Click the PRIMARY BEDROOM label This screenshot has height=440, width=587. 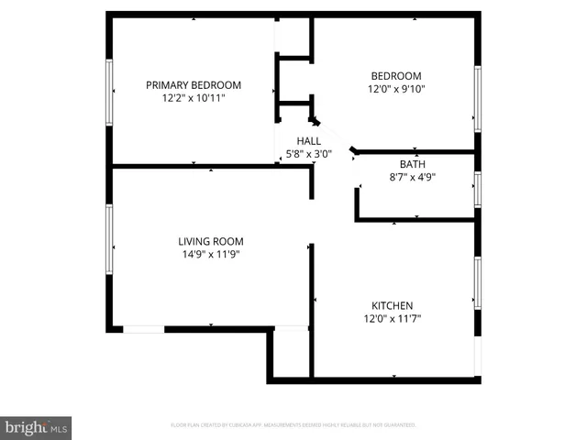point(193,84)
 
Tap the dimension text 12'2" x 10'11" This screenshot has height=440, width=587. point(193,97)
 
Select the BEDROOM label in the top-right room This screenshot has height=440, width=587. point(395,76)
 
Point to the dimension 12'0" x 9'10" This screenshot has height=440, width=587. point(395,89)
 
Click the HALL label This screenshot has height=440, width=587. point(308,140)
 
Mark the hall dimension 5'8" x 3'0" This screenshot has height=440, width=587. point(308,154)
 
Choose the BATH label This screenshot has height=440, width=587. point(412,165)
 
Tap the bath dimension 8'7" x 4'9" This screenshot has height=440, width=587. point(412,178)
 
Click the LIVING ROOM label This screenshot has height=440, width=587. point(210,241)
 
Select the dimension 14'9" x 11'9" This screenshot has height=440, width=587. point(210,255)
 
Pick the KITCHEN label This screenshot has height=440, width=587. point(392,305)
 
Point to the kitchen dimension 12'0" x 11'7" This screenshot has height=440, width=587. point(392,319)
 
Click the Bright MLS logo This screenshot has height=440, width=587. point(36,427)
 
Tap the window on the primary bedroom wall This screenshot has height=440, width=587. point(110,92)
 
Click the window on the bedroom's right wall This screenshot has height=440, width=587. point(477,95)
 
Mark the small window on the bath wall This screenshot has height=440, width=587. point(477,188)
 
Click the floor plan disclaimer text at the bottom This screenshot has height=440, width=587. point(293,425)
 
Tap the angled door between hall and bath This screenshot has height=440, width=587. point(355,149)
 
